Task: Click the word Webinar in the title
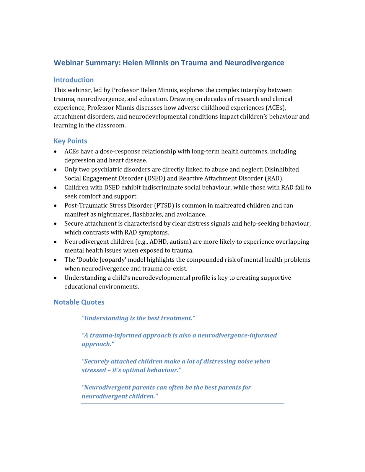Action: pos(68,63)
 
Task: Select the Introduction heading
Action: pos(74,80)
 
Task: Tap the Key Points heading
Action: pos(70,141)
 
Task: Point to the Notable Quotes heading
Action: pos(79,302)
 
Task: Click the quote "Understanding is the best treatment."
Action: pos(138,318)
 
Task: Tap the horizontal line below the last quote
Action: pos(182,403)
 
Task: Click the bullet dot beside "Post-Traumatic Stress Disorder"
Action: pos(56,206)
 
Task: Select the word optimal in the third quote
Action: pos(134,370)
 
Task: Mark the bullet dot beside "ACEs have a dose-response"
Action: pos(56,152)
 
